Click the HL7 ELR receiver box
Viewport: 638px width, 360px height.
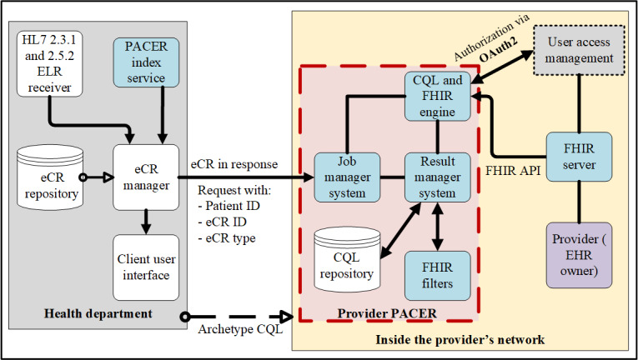coord(50,64)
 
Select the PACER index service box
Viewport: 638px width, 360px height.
coord(146,62)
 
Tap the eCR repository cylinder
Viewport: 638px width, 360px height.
coord(50,177)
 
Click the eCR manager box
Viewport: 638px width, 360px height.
coord(146,177)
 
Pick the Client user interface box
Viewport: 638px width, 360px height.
coord(146,267)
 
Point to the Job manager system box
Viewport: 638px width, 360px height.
coord(347,177)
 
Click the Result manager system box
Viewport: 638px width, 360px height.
coord(437,177)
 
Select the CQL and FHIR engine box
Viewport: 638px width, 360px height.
coord(437,96)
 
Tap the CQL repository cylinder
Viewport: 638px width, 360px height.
coord(347,259)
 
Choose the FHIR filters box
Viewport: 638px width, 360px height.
coord(437,275)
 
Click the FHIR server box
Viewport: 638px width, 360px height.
coord(579,157)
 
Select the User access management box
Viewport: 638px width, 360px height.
coord(579,50)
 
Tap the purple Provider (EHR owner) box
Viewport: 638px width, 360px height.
coord(579,255)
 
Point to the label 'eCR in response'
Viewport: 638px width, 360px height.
coord(234,164)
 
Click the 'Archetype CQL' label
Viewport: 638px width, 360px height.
coord(240,328)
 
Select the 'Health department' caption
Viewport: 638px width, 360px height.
coord(98,313)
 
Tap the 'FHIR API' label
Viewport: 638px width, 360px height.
coord(513,171)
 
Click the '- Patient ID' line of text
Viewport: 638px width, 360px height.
coord(229,206)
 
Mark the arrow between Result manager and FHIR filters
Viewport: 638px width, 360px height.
coord(437,227)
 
